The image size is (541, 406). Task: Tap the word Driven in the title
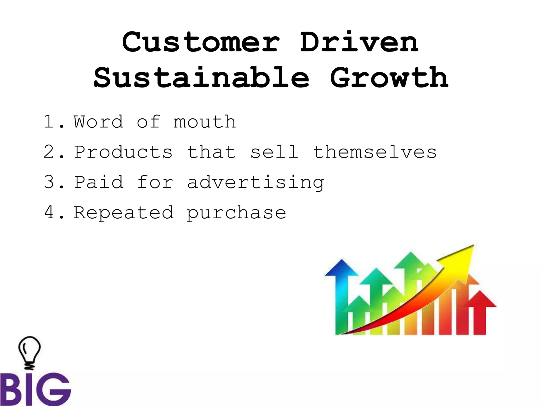click(359, 42)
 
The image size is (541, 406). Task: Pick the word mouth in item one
click(205, 122)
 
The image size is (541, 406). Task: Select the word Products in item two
click(123, 152)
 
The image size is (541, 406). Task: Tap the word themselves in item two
click(375, 152)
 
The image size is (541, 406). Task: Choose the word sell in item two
click(274, 152)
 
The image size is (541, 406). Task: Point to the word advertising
click(255, 183)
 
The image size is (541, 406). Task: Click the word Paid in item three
click(99, 182)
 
